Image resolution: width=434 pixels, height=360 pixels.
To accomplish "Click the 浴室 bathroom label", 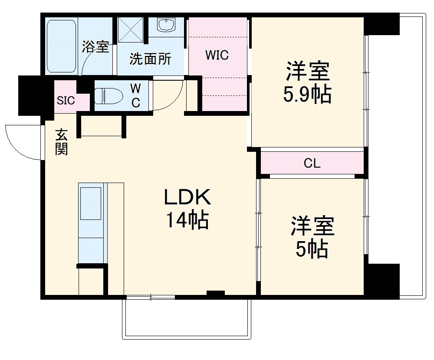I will point(95,47).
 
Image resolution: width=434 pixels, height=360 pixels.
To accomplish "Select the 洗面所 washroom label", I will point(150,59).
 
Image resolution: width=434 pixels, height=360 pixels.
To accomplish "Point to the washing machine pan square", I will point(132,29).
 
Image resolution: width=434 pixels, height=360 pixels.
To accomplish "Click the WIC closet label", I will point(217,56).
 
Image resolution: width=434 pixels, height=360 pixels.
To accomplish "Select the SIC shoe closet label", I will point(66,101).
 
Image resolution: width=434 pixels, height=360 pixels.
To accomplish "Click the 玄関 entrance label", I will point(61,142).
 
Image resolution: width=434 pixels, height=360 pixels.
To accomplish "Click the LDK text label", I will point(187,197).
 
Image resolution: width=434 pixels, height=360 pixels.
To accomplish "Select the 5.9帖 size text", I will point(307,95).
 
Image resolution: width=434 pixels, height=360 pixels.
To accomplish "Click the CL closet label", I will point(312,164).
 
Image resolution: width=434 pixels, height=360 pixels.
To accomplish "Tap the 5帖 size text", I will point(312,249).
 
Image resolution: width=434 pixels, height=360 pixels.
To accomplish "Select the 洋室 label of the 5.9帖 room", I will point(307,72).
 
